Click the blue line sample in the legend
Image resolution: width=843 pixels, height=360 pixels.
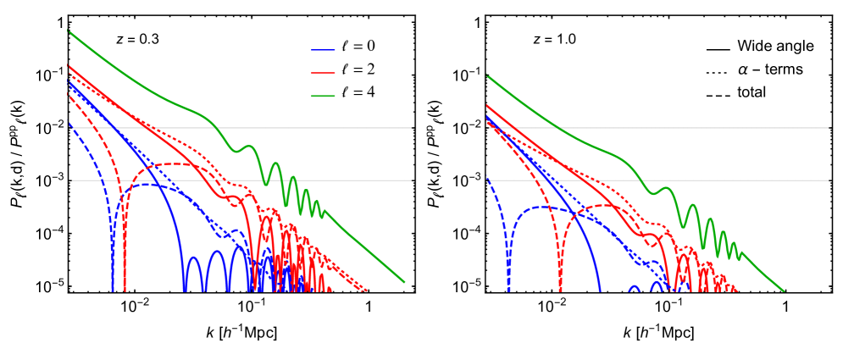[323, 50]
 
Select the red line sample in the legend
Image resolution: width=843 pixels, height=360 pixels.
[323, 73]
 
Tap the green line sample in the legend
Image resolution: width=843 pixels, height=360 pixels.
[323, 96]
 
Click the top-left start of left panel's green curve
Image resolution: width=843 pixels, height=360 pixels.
[69, 32]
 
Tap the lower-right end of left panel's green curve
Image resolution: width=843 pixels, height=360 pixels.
[404, 281]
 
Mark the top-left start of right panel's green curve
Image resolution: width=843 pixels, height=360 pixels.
[487, 76]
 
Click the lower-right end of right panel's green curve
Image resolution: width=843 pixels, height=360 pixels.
[784, 291]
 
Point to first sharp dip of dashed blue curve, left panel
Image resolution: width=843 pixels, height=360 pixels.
[113, 288]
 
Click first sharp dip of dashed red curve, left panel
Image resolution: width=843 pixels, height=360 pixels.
[125, 288]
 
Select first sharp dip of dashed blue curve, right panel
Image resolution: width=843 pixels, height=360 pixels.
[508, 288]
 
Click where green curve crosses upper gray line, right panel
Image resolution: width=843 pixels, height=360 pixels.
[559, 128]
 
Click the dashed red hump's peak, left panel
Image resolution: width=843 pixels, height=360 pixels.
[174, 163]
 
